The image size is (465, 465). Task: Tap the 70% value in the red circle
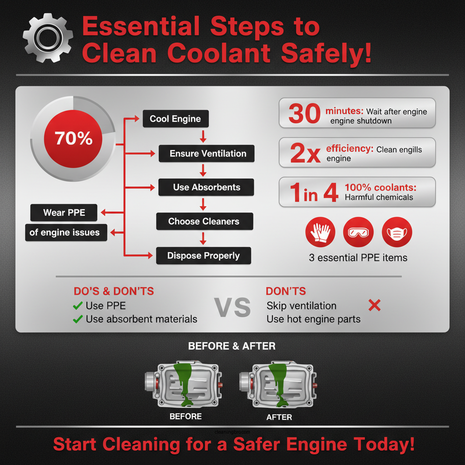click(x=74, y=138)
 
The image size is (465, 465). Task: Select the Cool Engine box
click(x=175, y=119)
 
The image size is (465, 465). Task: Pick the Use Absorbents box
click(x=206, y=187)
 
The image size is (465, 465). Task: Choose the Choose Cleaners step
click(x=204, y=222)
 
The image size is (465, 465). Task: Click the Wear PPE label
click(x=64, y=213)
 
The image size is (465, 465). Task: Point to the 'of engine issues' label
click(x=64, y=232)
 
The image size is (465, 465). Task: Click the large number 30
click(x=304, y=114)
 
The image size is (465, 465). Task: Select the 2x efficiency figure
click(x=305, y=153)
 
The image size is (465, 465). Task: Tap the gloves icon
click(x=320, y=232)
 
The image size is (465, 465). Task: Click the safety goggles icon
click(x=358, y=232)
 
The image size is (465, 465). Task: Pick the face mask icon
click(x=396, y=232)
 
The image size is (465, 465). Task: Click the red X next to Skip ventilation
click(x=374, y=306)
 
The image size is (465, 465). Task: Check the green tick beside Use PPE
click(x=78, y=306)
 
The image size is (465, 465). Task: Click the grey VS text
click(x=232, y=308)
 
